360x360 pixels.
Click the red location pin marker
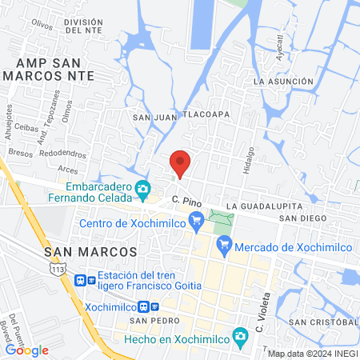(x=181, y=163)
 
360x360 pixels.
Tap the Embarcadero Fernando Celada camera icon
(x=143, y=189)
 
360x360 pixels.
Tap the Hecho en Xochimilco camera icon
(x=238, y=338)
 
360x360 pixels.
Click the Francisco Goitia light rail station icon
(x=81, y=280)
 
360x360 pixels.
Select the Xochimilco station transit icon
(x=144, y=306)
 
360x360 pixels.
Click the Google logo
(x=26, y=350)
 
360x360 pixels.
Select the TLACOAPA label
(x=207, y=114)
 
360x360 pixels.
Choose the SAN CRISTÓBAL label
(x=323, y=322)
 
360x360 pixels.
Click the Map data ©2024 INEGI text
(x=311, y=354)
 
